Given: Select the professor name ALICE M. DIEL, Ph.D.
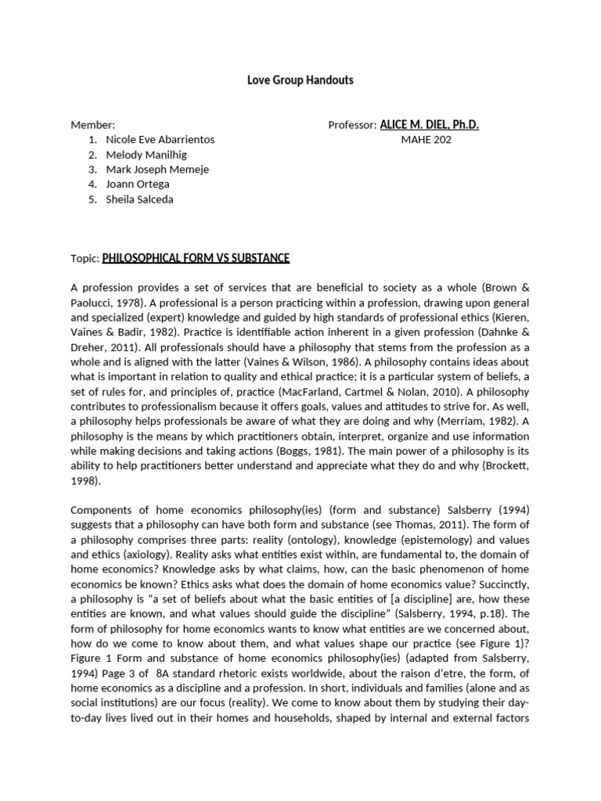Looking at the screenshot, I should click(x=429, y=125).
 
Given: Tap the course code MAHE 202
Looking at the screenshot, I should click(x=426, y=140).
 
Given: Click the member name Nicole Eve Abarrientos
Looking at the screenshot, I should click(x=160, y=140).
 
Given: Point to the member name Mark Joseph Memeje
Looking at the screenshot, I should click(x=157, y=170).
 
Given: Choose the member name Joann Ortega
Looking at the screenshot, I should click(x=138, y=185).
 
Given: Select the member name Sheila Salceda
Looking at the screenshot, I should click(x=140, y=199).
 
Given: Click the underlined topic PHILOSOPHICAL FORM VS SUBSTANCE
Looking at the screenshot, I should click(x=196, y=258).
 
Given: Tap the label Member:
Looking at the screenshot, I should click(x=92, y=125).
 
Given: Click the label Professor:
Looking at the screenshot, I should click(x=352, y=125).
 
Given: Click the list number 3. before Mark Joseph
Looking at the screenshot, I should click(x=92, y=170).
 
